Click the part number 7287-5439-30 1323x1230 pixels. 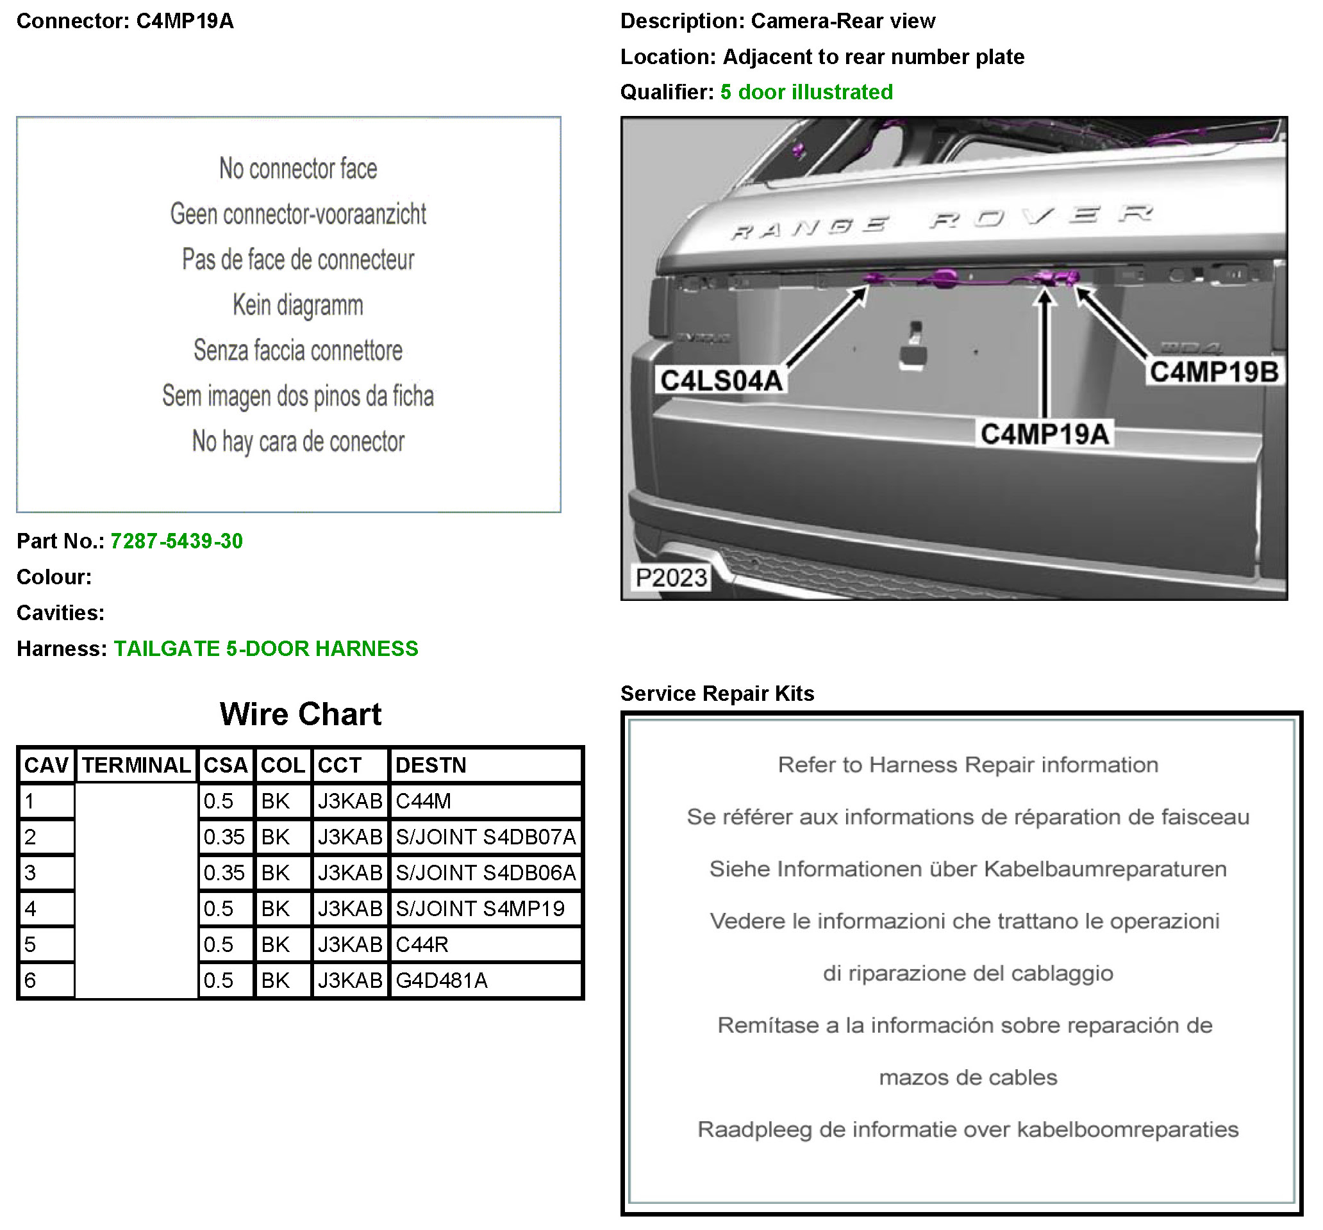(176, 541)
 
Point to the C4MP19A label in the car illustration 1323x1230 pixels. (1044, 434)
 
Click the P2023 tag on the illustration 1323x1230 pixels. (671, 577)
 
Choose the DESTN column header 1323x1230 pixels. (431, 765)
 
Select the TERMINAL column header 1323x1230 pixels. (137, 765)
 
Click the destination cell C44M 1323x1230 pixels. (423, 801)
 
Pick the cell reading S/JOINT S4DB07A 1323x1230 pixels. (485, 837)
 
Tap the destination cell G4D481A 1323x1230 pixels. (441, 981)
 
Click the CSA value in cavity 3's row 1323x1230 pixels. (224, 873)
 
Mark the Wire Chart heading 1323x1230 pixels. (301, 714)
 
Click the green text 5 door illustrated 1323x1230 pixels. (806, 92)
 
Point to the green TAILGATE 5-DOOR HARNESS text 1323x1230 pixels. (266, 648)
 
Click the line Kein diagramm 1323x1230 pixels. (298, 306)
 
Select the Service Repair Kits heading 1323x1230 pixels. (717, 694)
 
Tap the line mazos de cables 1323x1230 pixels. (968, 1078)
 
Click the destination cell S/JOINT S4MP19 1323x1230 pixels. (480, 908)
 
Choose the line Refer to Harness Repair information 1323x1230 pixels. (968, 765)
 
